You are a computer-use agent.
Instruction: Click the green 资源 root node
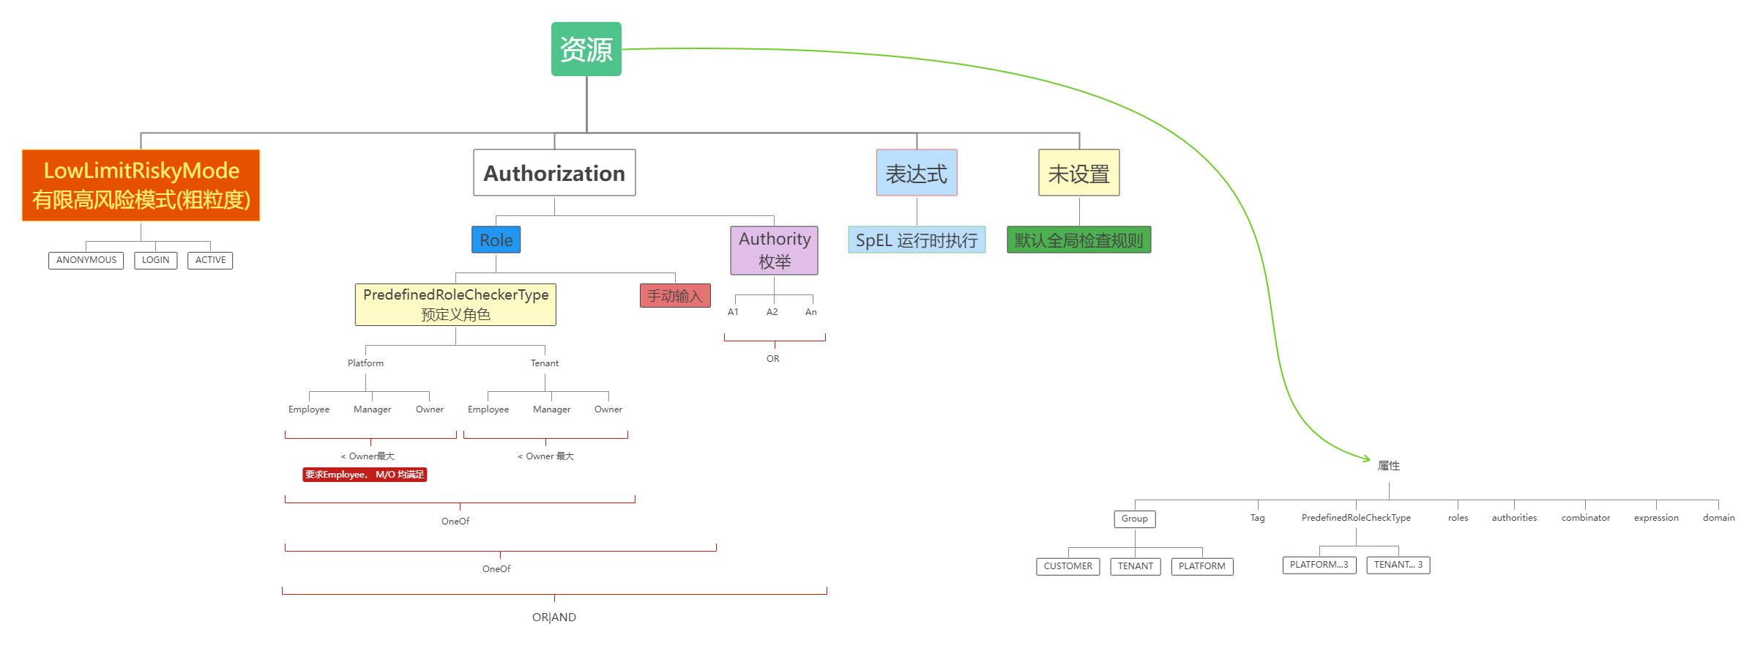click(586, 49)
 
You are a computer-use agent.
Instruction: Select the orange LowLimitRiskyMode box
click(141, 185)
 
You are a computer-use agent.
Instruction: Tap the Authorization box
click(554, 173)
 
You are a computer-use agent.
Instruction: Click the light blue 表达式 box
click(916, 174)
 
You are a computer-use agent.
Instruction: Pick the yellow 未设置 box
click(1078, 174)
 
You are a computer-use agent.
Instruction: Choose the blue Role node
click(496, 240)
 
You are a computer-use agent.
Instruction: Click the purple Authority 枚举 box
click(774, 250)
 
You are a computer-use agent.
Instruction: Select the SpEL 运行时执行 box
click(916, 240)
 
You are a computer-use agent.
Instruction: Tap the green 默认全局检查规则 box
click(1078, 240)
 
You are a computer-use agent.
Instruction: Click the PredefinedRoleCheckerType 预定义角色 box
click(455, 304)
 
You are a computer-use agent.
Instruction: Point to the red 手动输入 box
click(674, 296)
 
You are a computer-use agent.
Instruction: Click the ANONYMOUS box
click(86, 260)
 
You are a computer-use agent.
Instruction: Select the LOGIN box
click(155, 260)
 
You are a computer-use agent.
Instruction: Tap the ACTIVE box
click(210, 260)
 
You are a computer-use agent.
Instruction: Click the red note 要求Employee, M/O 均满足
click(365, 475)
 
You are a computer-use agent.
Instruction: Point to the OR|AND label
click(553, 618)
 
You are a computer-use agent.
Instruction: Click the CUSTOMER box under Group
click(1067, 566)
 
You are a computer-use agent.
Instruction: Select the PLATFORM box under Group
click(1201, 566)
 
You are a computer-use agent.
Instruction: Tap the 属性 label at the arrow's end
click(1388, 466)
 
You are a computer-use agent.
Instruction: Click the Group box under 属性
click(1134, 519)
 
